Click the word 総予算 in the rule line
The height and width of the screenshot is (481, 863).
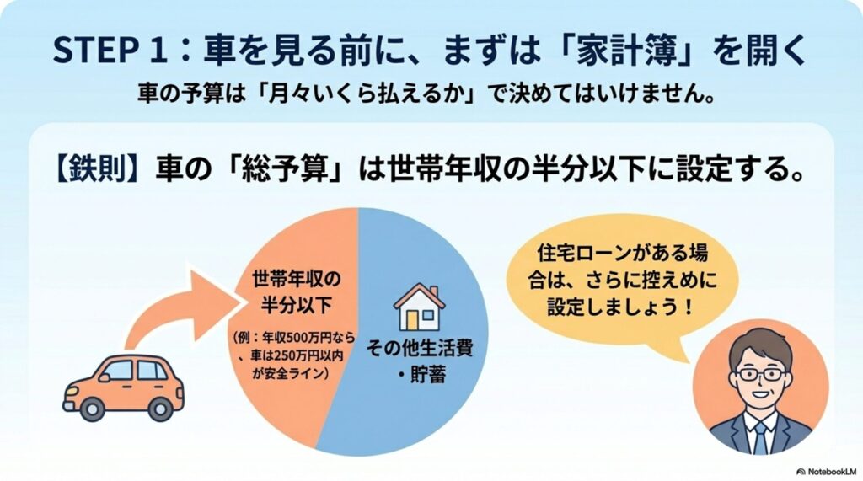tap(290, 168)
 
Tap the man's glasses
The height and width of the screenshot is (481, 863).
tap(762, 375)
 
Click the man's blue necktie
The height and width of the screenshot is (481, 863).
tap(761, 437)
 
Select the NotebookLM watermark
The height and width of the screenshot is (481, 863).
tap(828, 472)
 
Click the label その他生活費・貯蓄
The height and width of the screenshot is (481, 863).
tap(420, 361)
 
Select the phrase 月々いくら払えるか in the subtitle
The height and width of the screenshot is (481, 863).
tap(368, 94)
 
